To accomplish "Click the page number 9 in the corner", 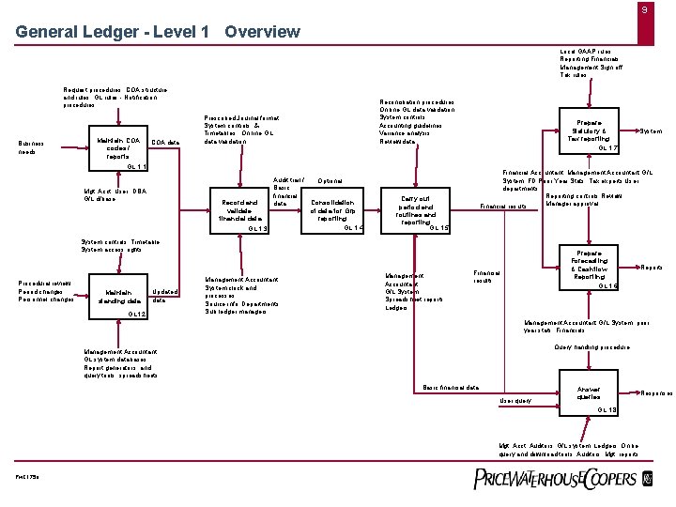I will [644, 10].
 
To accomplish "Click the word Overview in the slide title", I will [262, 32].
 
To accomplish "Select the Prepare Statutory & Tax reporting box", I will [589, 134].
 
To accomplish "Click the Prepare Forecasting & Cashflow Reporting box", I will [589, 266].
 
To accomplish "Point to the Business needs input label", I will [33, 147].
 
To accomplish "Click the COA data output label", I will [165, 142].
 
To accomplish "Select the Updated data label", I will [164, 296].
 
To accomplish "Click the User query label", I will [515, 400].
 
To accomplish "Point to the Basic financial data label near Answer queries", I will [452, 387].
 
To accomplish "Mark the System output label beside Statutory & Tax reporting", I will [651, 131].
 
